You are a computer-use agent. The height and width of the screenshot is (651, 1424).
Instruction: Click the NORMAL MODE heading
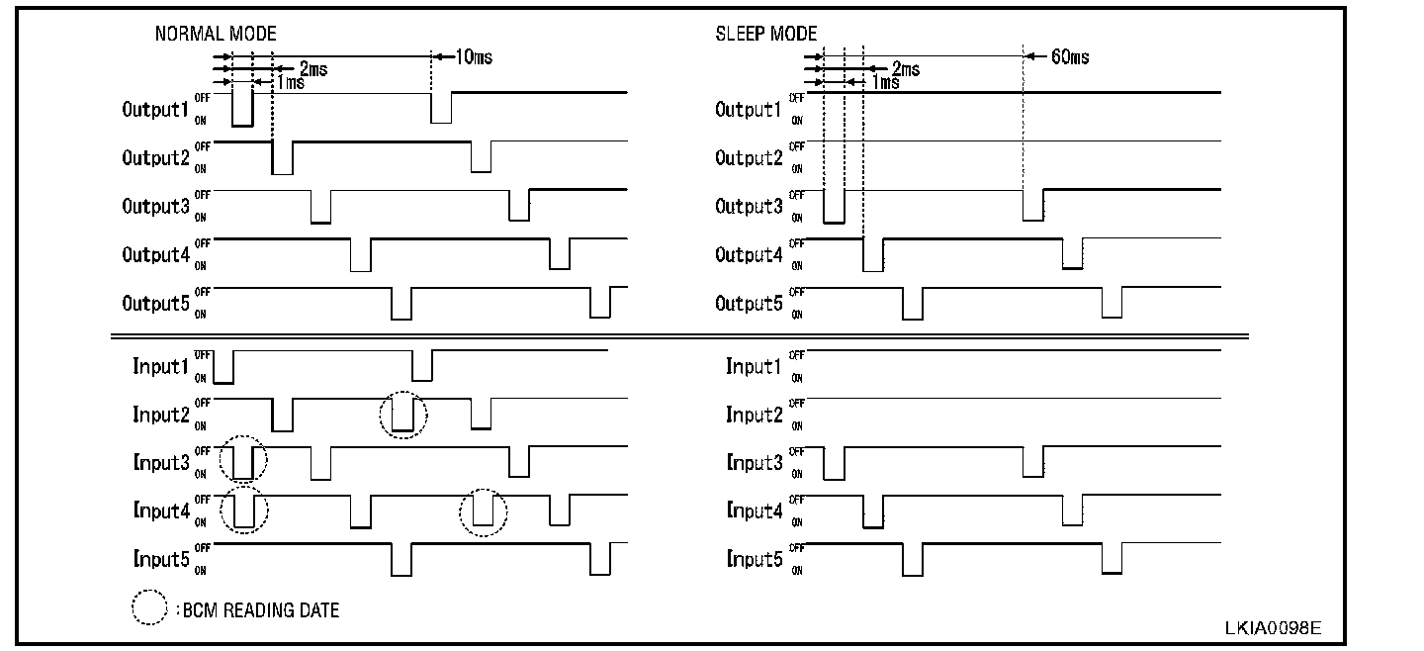[216, 34]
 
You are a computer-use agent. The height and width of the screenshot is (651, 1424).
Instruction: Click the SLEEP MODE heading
[766, 34]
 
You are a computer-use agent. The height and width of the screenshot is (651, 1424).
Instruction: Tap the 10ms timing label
[473, 56]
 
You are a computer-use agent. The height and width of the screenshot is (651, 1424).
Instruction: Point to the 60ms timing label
[1069, 56]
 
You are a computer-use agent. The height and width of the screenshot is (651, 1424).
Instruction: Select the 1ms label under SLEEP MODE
[885, 83]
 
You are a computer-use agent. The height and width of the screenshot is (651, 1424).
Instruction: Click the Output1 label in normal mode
[155, 109]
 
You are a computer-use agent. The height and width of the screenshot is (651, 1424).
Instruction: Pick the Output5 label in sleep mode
[749, 303]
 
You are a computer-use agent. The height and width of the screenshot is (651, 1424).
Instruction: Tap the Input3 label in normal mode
[160, 463]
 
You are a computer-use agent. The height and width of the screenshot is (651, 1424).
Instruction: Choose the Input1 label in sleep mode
[754, 367]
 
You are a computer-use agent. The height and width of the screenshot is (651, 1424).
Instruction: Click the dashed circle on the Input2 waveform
[403, 415]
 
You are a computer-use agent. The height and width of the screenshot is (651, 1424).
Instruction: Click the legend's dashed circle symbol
[149, 609]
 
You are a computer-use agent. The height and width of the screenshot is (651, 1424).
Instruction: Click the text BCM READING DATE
[260, 610]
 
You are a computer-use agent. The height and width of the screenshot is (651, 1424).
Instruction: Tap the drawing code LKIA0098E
[1273, 628]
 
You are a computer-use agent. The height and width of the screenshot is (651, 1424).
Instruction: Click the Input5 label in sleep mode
[754, 560]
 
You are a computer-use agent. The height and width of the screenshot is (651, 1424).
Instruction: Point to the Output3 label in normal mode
[155, 206]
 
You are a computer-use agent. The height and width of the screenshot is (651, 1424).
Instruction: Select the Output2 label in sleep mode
[749, 157]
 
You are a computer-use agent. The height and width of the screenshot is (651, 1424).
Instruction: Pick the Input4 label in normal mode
[160, 511]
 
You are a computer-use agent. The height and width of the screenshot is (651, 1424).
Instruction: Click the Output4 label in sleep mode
[749, 254]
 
